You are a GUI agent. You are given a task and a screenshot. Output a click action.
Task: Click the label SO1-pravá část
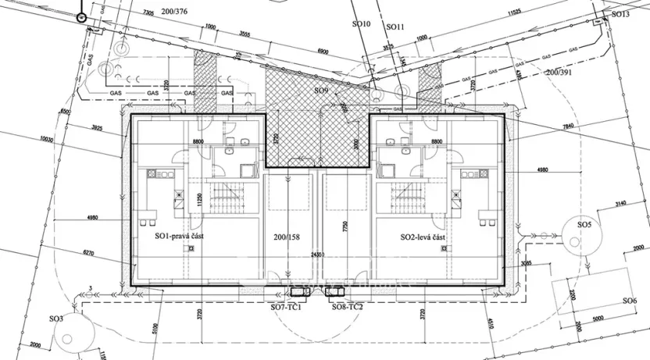180,236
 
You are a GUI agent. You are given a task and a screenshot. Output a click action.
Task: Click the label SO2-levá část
423,237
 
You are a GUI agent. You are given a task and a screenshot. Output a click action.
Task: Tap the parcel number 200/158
287,236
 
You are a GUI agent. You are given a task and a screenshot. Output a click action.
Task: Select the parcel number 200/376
171,11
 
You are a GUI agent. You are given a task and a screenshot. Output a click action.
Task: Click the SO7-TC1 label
287,307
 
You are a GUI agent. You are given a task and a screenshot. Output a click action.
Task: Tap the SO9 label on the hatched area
321,91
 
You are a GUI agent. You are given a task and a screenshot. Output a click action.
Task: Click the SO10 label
360,24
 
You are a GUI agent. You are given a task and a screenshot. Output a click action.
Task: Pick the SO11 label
396,26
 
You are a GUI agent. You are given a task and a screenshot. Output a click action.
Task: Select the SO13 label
620,14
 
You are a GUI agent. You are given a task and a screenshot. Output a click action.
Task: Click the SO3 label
55,319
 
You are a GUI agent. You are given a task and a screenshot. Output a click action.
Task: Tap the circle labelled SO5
584,225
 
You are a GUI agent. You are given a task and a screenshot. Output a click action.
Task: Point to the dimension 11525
513,13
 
